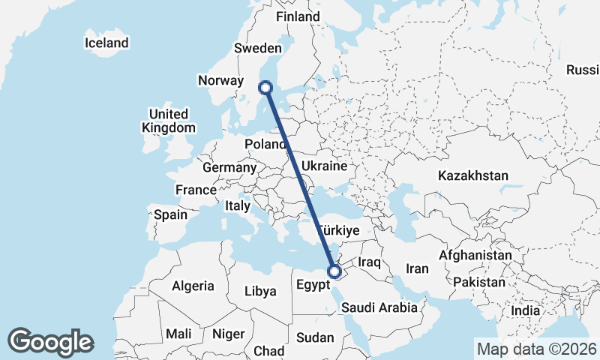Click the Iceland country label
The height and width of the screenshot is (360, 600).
106,43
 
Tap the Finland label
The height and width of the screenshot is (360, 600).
298,16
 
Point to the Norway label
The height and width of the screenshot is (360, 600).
220,80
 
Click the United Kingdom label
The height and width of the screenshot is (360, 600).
168,121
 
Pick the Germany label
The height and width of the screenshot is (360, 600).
229,167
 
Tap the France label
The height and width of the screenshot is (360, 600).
196,190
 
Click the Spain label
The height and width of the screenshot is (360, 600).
170,214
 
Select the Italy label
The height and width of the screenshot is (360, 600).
238,205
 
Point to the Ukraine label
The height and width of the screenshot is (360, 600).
324,166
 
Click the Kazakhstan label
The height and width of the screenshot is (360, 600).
473,175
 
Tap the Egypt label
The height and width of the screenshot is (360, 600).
313,285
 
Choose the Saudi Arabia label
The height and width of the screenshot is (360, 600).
379,307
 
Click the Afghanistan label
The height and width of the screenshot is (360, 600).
475,255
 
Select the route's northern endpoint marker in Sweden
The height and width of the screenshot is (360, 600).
265,88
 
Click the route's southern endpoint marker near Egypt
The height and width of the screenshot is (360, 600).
334,271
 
